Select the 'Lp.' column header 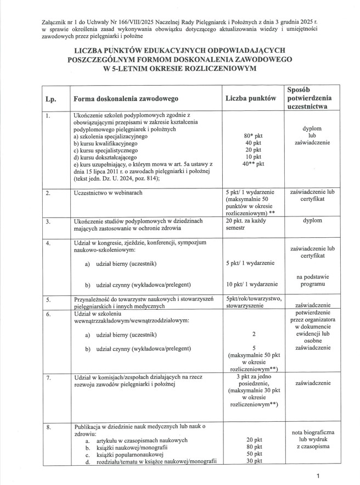click(49, 99)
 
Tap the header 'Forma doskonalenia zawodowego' click(127, 99)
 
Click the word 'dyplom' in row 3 click(311, 220)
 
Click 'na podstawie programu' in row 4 click(311, 280)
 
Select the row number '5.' click(48, 300)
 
